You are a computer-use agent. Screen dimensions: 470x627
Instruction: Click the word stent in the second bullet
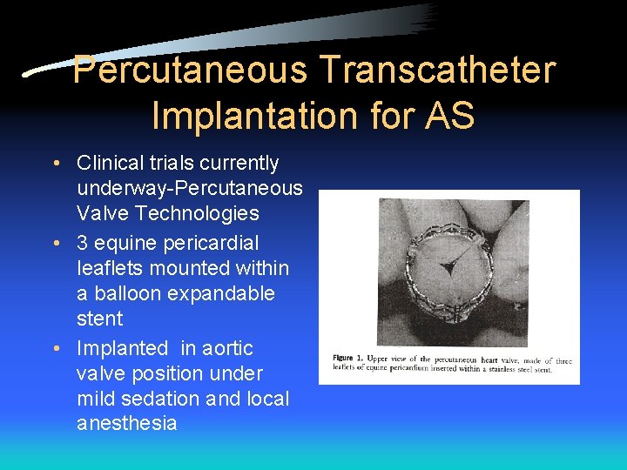100,319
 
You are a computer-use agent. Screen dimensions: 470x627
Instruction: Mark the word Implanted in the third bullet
122,348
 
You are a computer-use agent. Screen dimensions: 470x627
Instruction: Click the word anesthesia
127,424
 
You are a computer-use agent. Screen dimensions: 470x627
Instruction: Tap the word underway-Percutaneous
190,188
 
